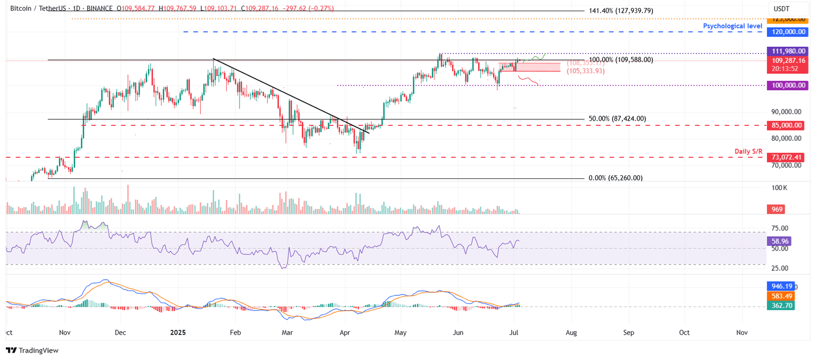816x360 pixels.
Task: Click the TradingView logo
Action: pos(32,350)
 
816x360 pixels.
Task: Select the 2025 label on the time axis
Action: pos(178,332)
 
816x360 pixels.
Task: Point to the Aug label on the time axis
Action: pos(572,332)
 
